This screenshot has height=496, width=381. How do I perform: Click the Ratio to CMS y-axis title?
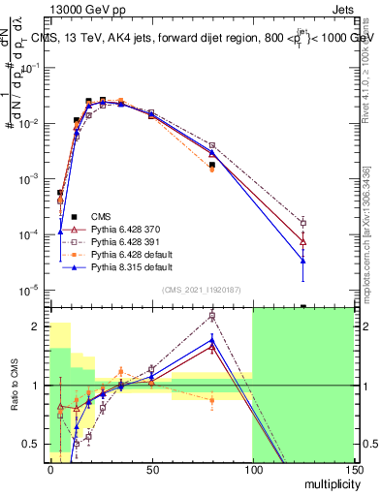[13, 386]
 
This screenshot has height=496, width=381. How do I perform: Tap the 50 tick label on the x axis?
[151, 468]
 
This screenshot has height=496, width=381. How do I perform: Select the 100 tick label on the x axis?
[252, 468]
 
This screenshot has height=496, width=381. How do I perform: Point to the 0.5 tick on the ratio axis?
[36, 445]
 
